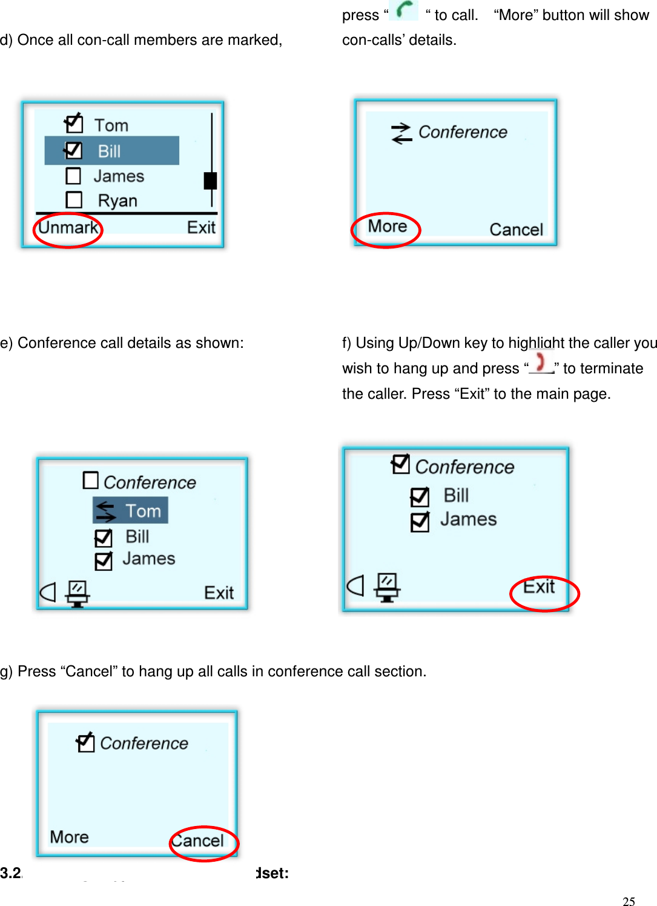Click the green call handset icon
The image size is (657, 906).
(x=404, y=10)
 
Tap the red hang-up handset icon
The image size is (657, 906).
(x=541, y=363)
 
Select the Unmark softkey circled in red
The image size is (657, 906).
(x=68, y=228)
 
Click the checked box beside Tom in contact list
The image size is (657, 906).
(x=74, y=124)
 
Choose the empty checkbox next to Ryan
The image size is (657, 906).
(x=74, y=200)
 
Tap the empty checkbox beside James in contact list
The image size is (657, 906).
(x=73, y=176)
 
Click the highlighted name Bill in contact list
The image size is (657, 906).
(x=110, y=151)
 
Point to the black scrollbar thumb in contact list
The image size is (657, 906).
(x=210, y=181)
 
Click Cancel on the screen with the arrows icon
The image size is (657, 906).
(x=516, y=230)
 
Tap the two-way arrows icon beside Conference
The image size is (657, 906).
(x=401, y=133)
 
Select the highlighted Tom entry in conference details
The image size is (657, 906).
(x=131, y=511)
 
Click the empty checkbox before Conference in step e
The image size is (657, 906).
(x=90, y=481)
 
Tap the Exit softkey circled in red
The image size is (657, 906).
(x=539, y=587)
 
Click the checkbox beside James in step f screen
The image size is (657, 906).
(x=420, y=521)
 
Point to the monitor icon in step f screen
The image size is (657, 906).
(x=387, y=587)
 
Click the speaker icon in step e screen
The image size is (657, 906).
(x=48, y=592)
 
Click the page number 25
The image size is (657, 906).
(x=629, y=901)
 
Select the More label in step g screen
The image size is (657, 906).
(x=70, y=837)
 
